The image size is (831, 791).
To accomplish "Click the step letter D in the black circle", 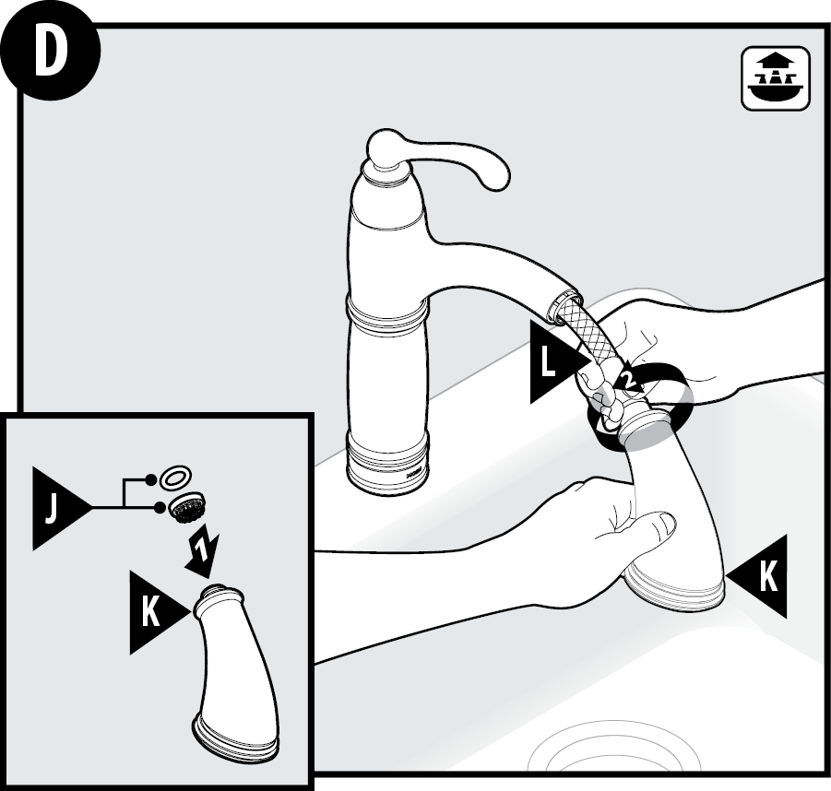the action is coord(52,53).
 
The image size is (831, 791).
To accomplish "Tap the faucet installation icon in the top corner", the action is coord(776,79).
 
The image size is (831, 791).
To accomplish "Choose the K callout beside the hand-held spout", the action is coord(756,576).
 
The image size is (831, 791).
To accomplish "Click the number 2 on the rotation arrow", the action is coord(628,379).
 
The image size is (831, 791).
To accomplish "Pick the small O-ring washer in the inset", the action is coord(175,478).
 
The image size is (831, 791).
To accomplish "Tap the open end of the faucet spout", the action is coord(565,303).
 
